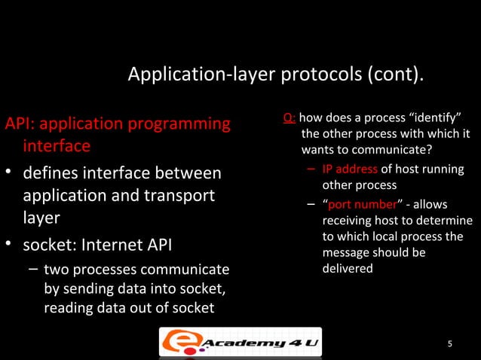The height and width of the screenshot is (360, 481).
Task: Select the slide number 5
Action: point(450,345)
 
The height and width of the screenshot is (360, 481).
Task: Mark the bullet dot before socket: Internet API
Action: point(10,246)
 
